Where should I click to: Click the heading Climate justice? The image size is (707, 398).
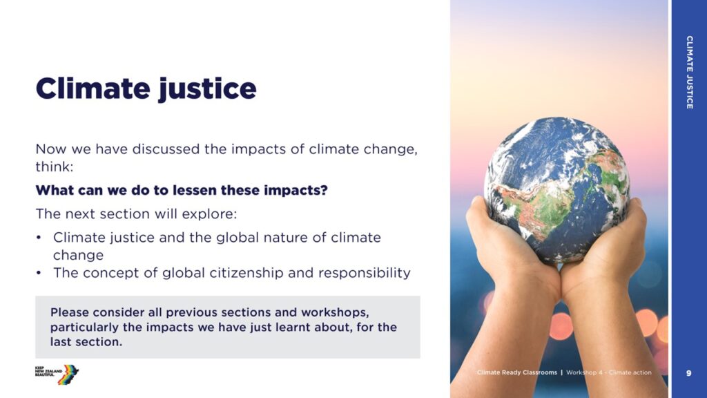(146, 89)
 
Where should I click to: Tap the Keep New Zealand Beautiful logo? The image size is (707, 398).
(57, 374)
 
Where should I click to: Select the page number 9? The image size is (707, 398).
(688, 373)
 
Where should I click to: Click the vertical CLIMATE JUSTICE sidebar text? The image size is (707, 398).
(690, 72)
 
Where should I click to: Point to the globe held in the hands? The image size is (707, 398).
(557, 190)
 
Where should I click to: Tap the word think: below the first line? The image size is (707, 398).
(54, 167)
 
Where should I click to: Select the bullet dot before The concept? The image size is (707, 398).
(39, 273)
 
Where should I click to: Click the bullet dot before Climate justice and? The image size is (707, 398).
(39, 238)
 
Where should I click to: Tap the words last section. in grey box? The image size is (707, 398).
(86, 342)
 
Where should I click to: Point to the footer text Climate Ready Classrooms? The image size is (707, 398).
(517, 372)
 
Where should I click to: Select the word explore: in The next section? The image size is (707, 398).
(209, 214)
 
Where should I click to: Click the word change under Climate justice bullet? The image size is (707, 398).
(79, 256)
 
